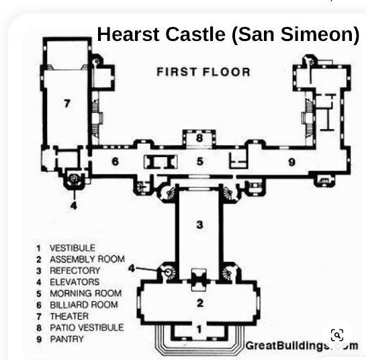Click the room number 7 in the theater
67,103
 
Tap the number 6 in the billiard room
115,161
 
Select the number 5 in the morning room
200,161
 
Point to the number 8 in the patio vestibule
199,138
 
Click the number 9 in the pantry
291,162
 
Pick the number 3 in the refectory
200,224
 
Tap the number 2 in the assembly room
200,303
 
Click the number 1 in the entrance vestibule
199,329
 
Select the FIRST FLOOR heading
203,72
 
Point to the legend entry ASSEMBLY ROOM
87,259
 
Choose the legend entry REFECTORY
75,271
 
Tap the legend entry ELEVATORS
75,282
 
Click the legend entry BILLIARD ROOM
84,305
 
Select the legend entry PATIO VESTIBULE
87,328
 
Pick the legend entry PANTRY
67,339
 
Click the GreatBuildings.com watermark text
302,345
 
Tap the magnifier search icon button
337,335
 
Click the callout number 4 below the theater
74,206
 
